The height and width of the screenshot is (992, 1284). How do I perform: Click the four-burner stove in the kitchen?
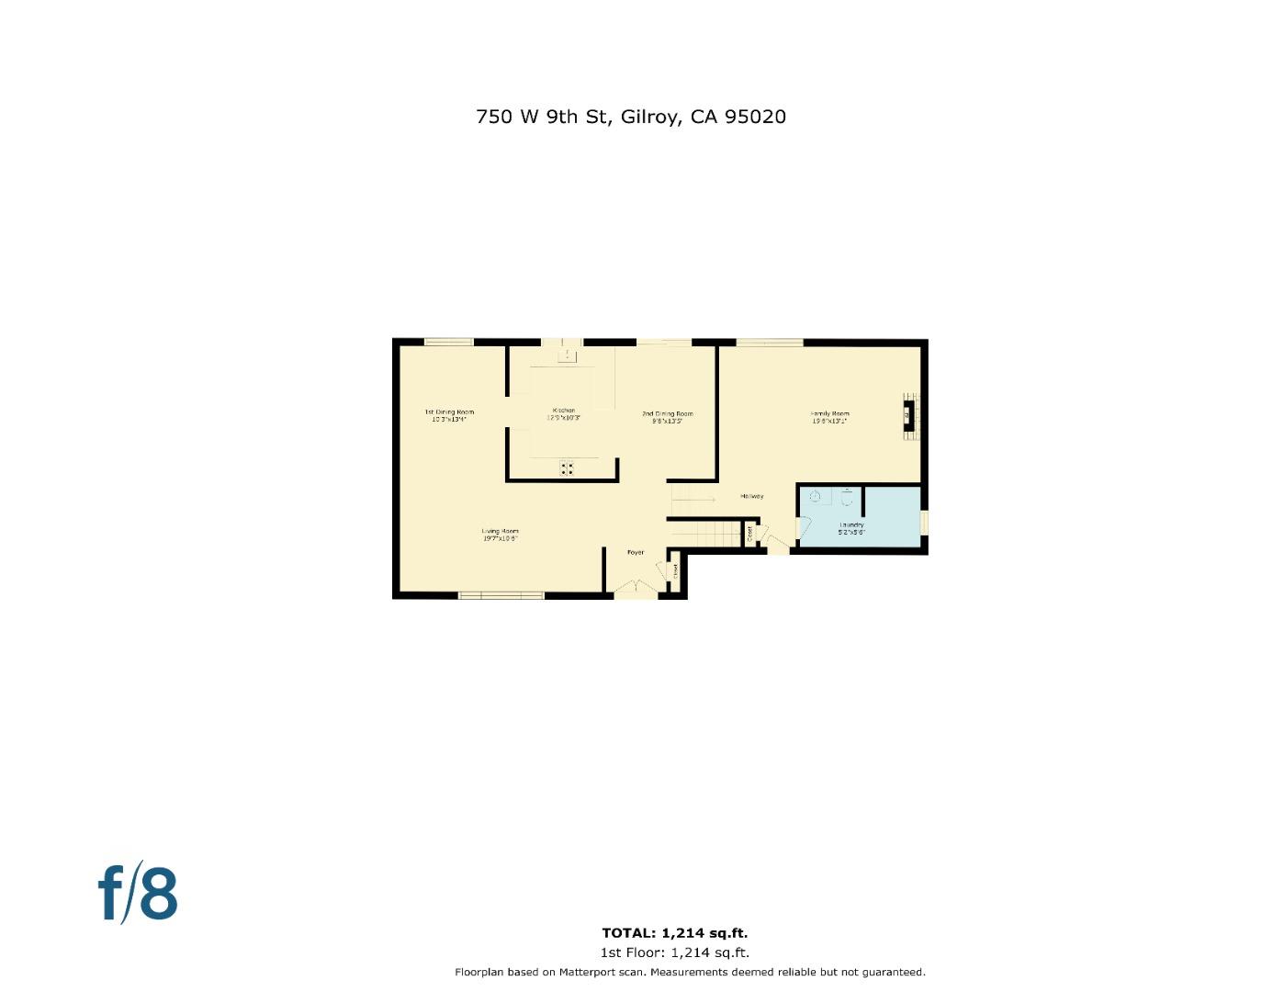[568, 468]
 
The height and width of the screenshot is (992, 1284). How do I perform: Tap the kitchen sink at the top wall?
[568, 354]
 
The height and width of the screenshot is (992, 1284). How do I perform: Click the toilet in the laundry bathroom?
[847, 498]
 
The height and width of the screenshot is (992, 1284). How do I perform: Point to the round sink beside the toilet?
[815, 496]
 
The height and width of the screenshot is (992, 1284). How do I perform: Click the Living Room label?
[501, 531]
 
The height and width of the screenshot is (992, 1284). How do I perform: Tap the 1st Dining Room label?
[449, 411]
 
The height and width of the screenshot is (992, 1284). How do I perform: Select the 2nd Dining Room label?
[667, 414]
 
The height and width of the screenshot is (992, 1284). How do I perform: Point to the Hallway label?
[752, 496]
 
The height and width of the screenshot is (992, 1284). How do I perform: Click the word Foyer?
[636, 553]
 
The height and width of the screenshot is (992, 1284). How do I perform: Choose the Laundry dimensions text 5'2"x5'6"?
[851, 532]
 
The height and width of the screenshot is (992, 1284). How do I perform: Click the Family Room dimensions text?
[829, 421]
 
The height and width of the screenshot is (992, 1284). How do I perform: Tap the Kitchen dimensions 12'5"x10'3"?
[564, 418]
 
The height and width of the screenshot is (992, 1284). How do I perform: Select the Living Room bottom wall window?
[501, 596]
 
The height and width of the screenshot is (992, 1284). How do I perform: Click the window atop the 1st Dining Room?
[448, 343]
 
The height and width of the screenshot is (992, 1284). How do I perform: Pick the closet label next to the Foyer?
[675, 570]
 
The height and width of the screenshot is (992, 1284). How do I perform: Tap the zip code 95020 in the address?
[755, 117]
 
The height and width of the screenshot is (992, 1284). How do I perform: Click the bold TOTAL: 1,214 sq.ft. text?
[675, 933]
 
